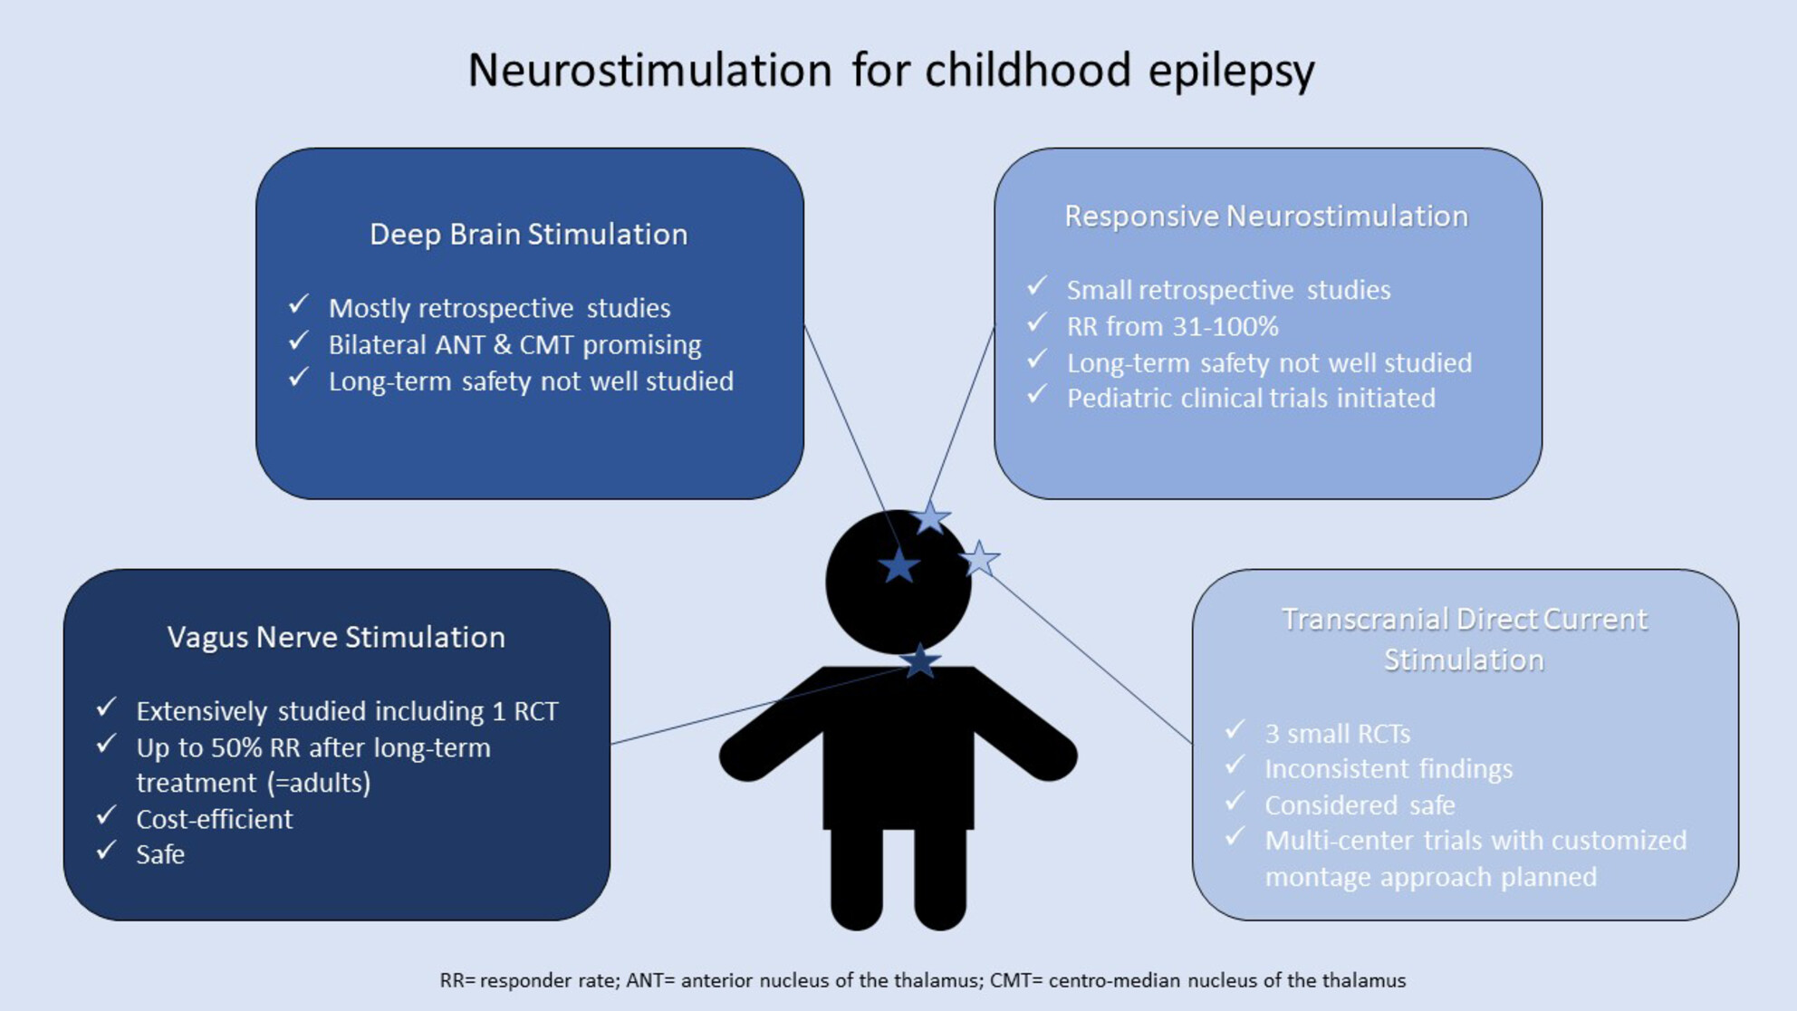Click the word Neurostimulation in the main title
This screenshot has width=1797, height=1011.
[x=649, y=70]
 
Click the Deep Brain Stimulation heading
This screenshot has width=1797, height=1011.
[x=529, y=234]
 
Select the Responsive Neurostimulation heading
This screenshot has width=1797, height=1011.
[x=1266, y=216]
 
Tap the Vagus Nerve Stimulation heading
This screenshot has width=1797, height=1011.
[x=336, y=637]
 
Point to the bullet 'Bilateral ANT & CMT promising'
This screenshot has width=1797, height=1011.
[x=514, y=344]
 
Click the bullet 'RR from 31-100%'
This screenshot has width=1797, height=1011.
[x=1172, y=326]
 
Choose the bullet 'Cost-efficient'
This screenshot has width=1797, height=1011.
[x=215, y=819]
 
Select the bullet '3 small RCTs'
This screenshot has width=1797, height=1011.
[x=1337, y=733]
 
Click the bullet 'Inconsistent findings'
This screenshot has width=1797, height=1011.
[x=1389, y=769]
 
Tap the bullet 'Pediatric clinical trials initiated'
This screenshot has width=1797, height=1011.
[x=1251, y=398]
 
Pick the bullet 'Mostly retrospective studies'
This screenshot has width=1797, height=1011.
[x=499, y=308]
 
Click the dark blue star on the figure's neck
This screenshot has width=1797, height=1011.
[x=920, y=661]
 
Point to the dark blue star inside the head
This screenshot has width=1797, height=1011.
[x=898, y=565]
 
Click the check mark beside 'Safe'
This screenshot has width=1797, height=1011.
[x=107, y=851]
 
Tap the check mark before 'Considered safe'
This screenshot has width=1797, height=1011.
[x=1235, y=802]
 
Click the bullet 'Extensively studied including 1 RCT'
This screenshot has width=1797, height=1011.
[x=347, y=711]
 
